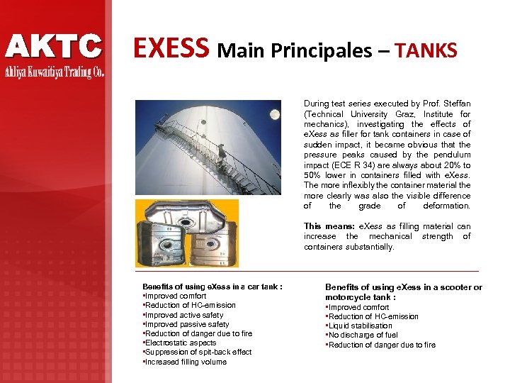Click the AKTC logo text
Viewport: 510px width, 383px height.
(54, 46)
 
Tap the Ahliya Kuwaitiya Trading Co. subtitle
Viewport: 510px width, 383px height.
(55, 72)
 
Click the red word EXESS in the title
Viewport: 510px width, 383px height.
(172, 48)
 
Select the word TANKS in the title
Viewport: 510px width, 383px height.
(426, 50)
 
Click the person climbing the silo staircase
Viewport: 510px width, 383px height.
(222, 152)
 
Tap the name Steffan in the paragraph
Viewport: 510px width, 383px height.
(455, 104)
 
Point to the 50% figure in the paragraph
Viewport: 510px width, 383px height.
(315, 175)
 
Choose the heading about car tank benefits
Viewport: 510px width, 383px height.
(212, 287)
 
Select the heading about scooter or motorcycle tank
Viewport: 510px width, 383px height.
(403, 292)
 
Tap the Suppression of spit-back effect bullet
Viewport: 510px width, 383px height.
(198, 352)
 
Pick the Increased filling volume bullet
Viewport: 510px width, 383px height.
(185, 362)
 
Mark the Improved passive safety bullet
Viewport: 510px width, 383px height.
(186, 324)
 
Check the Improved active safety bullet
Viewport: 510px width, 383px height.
(183, 315)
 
